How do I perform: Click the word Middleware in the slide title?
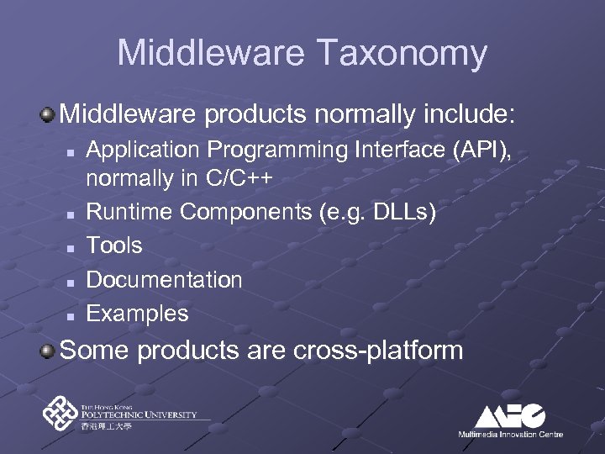point(209,52)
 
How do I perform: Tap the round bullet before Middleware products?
point(50,112)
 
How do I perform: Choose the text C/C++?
point(243,179)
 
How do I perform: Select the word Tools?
point(115,246)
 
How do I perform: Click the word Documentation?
point(165,280)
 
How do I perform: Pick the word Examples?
point(138,314)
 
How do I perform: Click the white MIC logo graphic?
point(509,415)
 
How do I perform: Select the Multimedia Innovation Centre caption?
point(510,435)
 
